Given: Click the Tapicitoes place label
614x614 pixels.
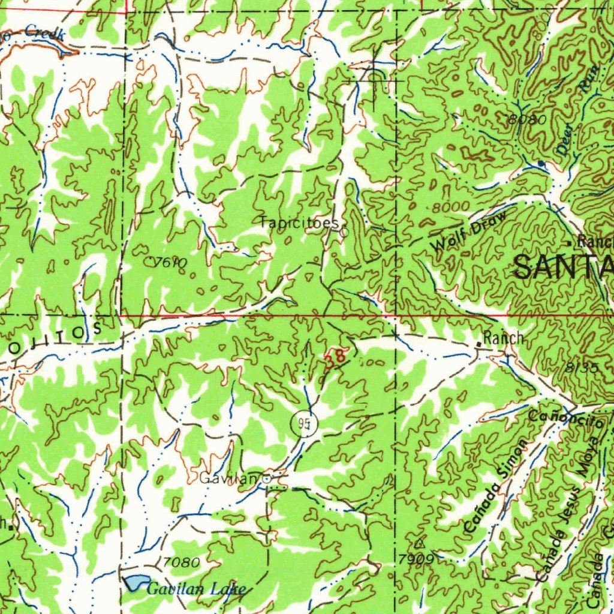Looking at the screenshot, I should (x=299, y=222).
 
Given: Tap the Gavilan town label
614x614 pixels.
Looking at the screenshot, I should (x=229, y=478).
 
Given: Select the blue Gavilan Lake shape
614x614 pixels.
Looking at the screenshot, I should (x=136, y=582).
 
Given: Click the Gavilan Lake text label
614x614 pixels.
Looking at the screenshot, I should (x=196, y=590).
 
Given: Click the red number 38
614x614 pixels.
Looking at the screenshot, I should (x=335, y=359).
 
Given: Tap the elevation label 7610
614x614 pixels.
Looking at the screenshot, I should (x=170, y=262).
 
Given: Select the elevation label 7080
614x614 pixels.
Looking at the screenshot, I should (x=181, y=562).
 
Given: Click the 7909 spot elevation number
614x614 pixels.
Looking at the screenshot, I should (x=415, y=559).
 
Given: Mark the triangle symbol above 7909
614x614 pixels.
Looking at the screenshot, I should (x=419, y=544).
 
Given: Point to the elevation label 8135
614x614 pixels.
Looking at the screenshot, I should (x=581, y=368).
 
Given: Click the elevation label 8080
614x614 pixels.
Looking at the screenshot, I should (x=526, y=119).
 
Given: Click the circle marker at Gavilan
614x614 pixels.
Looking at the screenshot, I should (x=266, y=478).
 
